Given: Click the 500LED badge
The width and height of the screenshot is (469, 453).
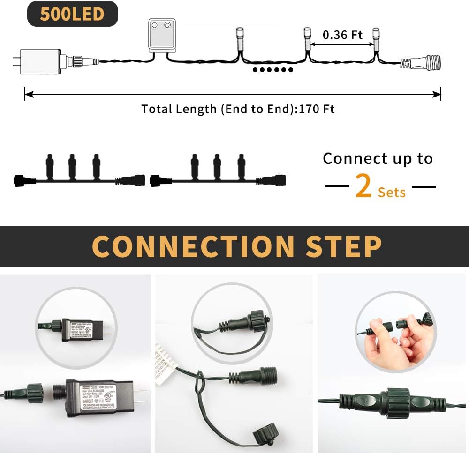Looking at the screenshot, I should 72,14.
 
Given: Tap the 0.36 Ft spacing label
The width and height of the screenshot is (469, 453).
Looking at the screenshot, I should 342,35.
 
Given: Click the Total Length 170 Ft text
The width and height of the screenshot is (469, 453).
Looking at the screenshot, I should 238,109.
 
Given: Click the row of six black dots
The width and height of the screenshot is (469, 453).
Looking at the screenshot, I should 272,70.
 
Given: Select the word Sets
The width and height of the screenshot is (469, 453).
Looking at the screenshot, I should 392,192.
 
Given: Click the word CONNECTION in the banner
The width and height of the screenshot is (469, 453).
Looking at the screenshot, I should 189,246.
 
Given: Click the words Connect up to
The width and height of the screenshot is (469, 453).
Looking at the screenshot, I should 378,158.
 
